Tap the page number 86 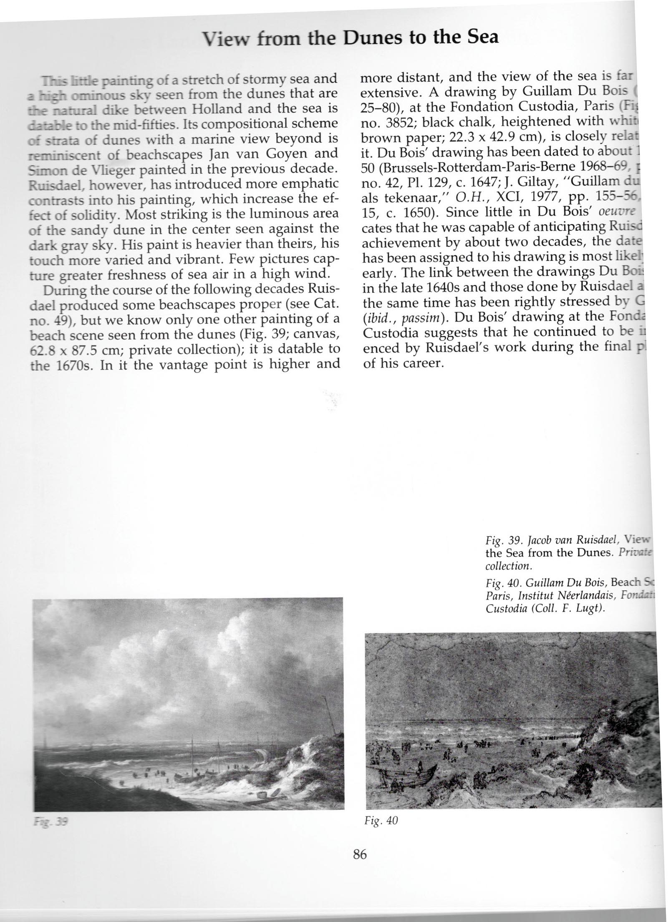pyautogui.click(x=359, y=854)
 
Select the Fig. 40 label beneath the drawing pyautogui.click(x=381, y=821)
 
